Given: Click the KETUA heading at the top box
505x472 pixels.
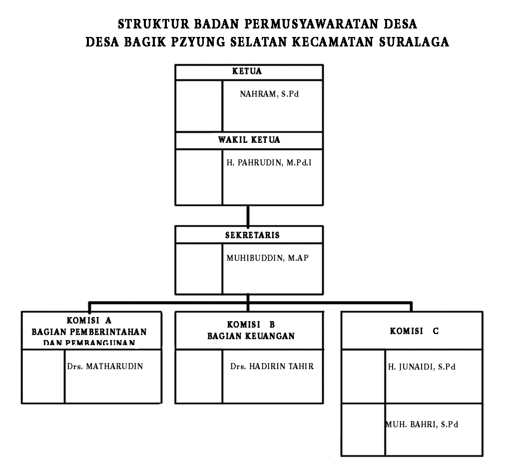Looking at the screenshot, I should point(247,71).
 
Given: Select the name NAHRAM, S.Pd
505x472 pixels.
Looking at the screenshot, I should point(269,94).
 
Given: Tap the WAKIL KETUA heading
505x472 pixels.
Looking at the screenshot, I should point(249,140).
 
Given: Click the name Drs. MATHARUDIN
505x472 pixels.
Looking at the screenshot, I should point(105,366).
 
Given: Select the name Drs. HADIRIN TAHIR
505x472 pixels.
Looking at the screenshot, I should point(272,366).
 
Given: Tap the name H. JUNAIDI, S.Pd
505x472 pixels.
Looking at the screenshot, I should point(422,367).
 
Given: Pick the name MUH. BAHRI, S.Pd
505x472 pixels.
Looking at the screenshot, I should point(422,425).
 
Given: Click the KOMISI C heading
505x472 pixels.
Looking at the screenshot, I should point(415,331).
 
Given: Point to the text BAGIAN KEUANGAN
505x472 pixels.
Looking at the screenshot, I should point(251,336).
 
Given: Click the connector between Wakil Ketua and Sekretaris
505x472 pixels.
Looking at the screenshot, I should point(248,215).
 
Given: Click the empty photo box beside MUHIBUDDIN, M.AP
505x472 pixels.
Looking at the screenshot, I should point(198,268).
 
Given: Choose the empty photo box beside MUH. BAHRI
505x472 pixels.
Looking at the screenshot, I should point(363,429).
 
